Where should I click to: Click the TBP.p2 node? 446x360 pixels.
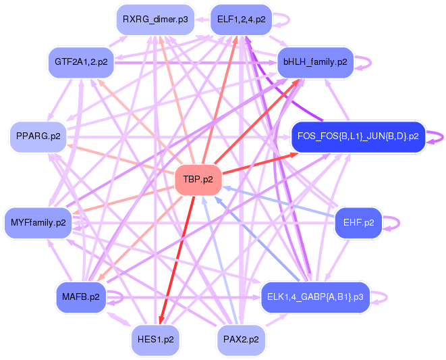pos(198,180)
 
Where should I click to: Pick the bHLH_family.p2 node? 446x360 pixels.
pos(315,62)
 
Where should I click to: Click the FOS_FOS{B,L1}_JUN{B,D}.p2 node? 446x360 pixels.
pos(358,136)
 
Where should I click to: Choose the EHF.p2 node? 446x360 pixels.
pos(358,222)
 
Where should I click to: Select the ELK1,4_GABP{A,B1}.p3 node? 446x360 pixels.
pos(315,297)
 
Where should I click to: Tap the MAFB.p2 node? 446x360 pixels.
pos(81,297)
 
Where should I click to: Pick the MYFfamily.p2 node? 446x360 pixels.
pos(38,222)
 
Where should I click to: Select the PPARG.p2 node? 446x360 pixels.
pos(38,136)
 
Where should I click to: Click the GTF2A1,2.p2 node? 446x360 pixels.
pos(81,62)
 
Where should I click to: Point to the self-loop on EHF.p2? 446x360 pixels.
pos(394,224)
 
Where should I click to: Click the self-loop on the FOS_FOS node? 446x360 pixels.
pos(437,136)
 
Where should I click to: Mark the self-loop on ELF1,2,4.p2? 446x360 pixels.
pos(284,20)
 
